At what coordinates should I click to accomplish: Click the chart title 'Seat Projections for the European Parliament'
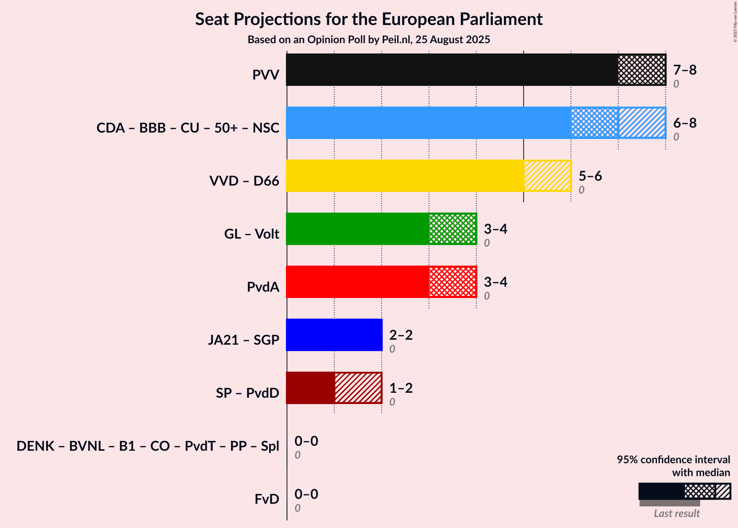coord(369,19)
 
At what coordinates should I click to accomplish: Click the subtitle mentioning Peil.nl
coord(369,40)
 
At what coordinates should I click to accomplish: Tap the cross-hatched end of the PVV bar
coord(642,70)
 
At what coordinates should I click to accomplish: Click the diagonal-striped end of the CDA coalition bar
coord(642,123)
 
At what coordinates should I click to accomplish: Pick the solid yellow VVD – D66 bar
coord(405,176)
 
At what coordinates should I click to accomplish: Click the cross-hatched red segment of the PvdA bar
coord(452,282)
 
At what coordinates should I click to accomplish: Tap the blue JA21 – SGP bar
coord(334,335)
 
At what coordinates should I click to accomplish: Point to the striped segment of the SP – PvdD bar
coord(358,388)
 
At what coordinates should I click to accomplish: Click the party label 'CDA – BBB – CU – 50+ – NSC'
coord(188,128)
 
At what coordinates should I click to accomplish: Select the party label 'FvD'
coord(267,499)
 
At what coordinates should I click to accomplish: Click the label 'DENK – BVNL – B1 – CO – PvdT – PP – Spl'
coord(148,446)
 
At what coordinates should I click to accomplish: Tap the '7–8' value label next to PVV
coord(685,70)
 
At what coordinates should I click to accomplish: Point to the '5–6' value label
coord(590,176)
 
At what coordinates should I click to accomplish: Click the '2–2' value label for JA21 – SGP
coord(401,335)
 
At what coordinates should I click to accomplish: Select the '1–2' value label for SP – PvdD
coord(401,388)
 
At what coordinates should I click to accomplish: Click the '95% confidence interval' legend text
coord(673,460)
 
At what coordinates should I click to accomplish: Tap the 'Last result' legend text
coord(677,513)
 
